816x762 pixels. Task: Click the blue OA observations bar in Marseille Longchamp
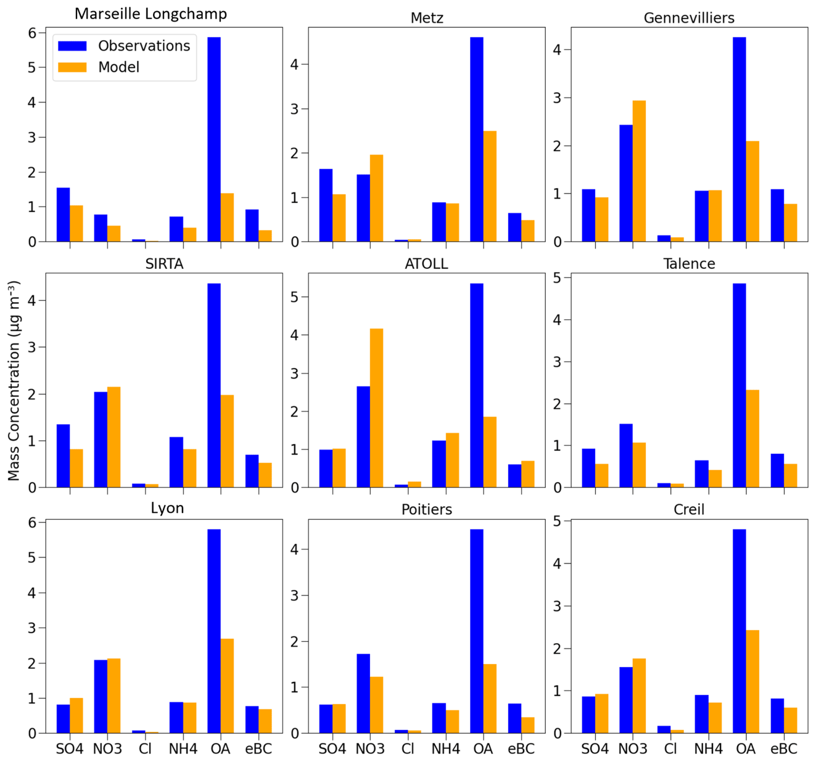(x=214, y=139)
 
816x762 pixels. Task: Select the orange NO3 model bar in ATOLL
(x=376, y=408)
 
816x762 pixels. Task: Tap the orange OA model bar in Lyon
(x=227, y=686)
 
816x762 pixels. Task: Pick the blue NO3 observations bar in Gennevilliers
(x=626, y=183)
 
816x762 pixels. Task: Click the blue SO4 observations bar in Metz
(x=326, y=205)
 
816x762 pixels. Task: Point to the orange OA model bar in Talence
(x=752, y=438)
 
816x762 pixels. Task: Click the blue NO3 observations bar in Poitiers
(x=363, y=694)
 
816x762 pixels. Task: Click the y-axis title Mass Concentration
(x=14, y=380)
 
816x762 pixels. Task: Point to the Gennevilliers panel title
(x=689, y=18)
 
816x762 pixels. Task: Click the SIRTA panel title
(x=164, y=264)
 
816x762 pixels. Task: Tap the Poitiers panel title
(x=427, y=509)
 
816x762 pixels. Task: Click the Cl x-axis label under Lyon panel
(x=145, y=748)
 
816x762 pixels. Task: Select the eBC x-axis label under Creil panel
(x=783, y=748)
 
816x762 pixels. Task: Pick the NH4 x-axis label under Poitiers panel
(x=445, y=748)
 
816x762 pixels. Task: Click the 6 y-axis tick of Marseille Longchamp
(x=32, y=33)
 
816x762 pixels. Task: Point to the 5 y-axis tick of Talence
(x=557, y=278)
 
